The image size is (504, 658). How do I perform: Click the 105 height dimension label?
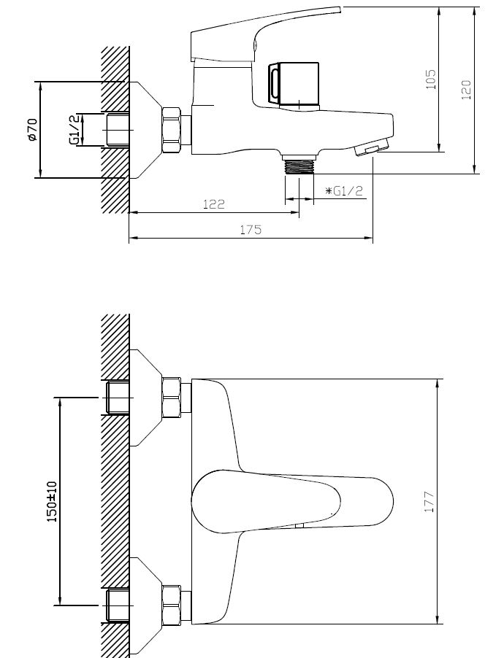431,80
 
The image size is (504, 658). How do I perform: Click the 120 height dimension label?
467,90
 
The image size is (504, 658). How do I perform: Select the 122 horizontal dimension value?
214,204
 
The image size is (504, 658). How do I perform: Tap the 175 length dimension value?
251,230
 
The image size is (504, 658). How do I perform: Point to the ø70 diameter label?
32,130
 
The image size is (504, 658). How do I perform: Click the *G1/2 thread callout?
344,191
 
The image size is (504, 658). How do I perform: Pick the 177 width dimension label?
429,501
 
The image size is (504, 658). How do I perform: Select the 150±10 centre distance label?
52,501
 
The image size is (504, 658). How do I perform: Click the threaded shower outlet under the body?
299,163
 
